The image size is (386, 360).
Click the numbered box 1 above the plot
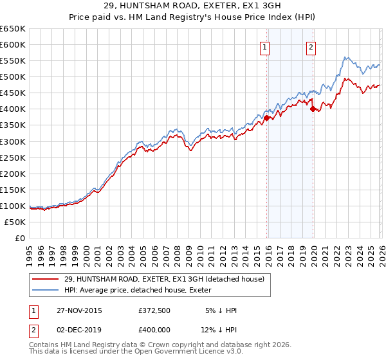click(265, 46)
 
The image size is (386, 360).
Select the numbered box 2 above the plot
click(311, 46)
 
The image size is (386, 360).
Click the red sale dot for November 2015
click(266, 118)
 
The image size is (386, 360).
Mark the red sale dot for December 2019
click(313, 109)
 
